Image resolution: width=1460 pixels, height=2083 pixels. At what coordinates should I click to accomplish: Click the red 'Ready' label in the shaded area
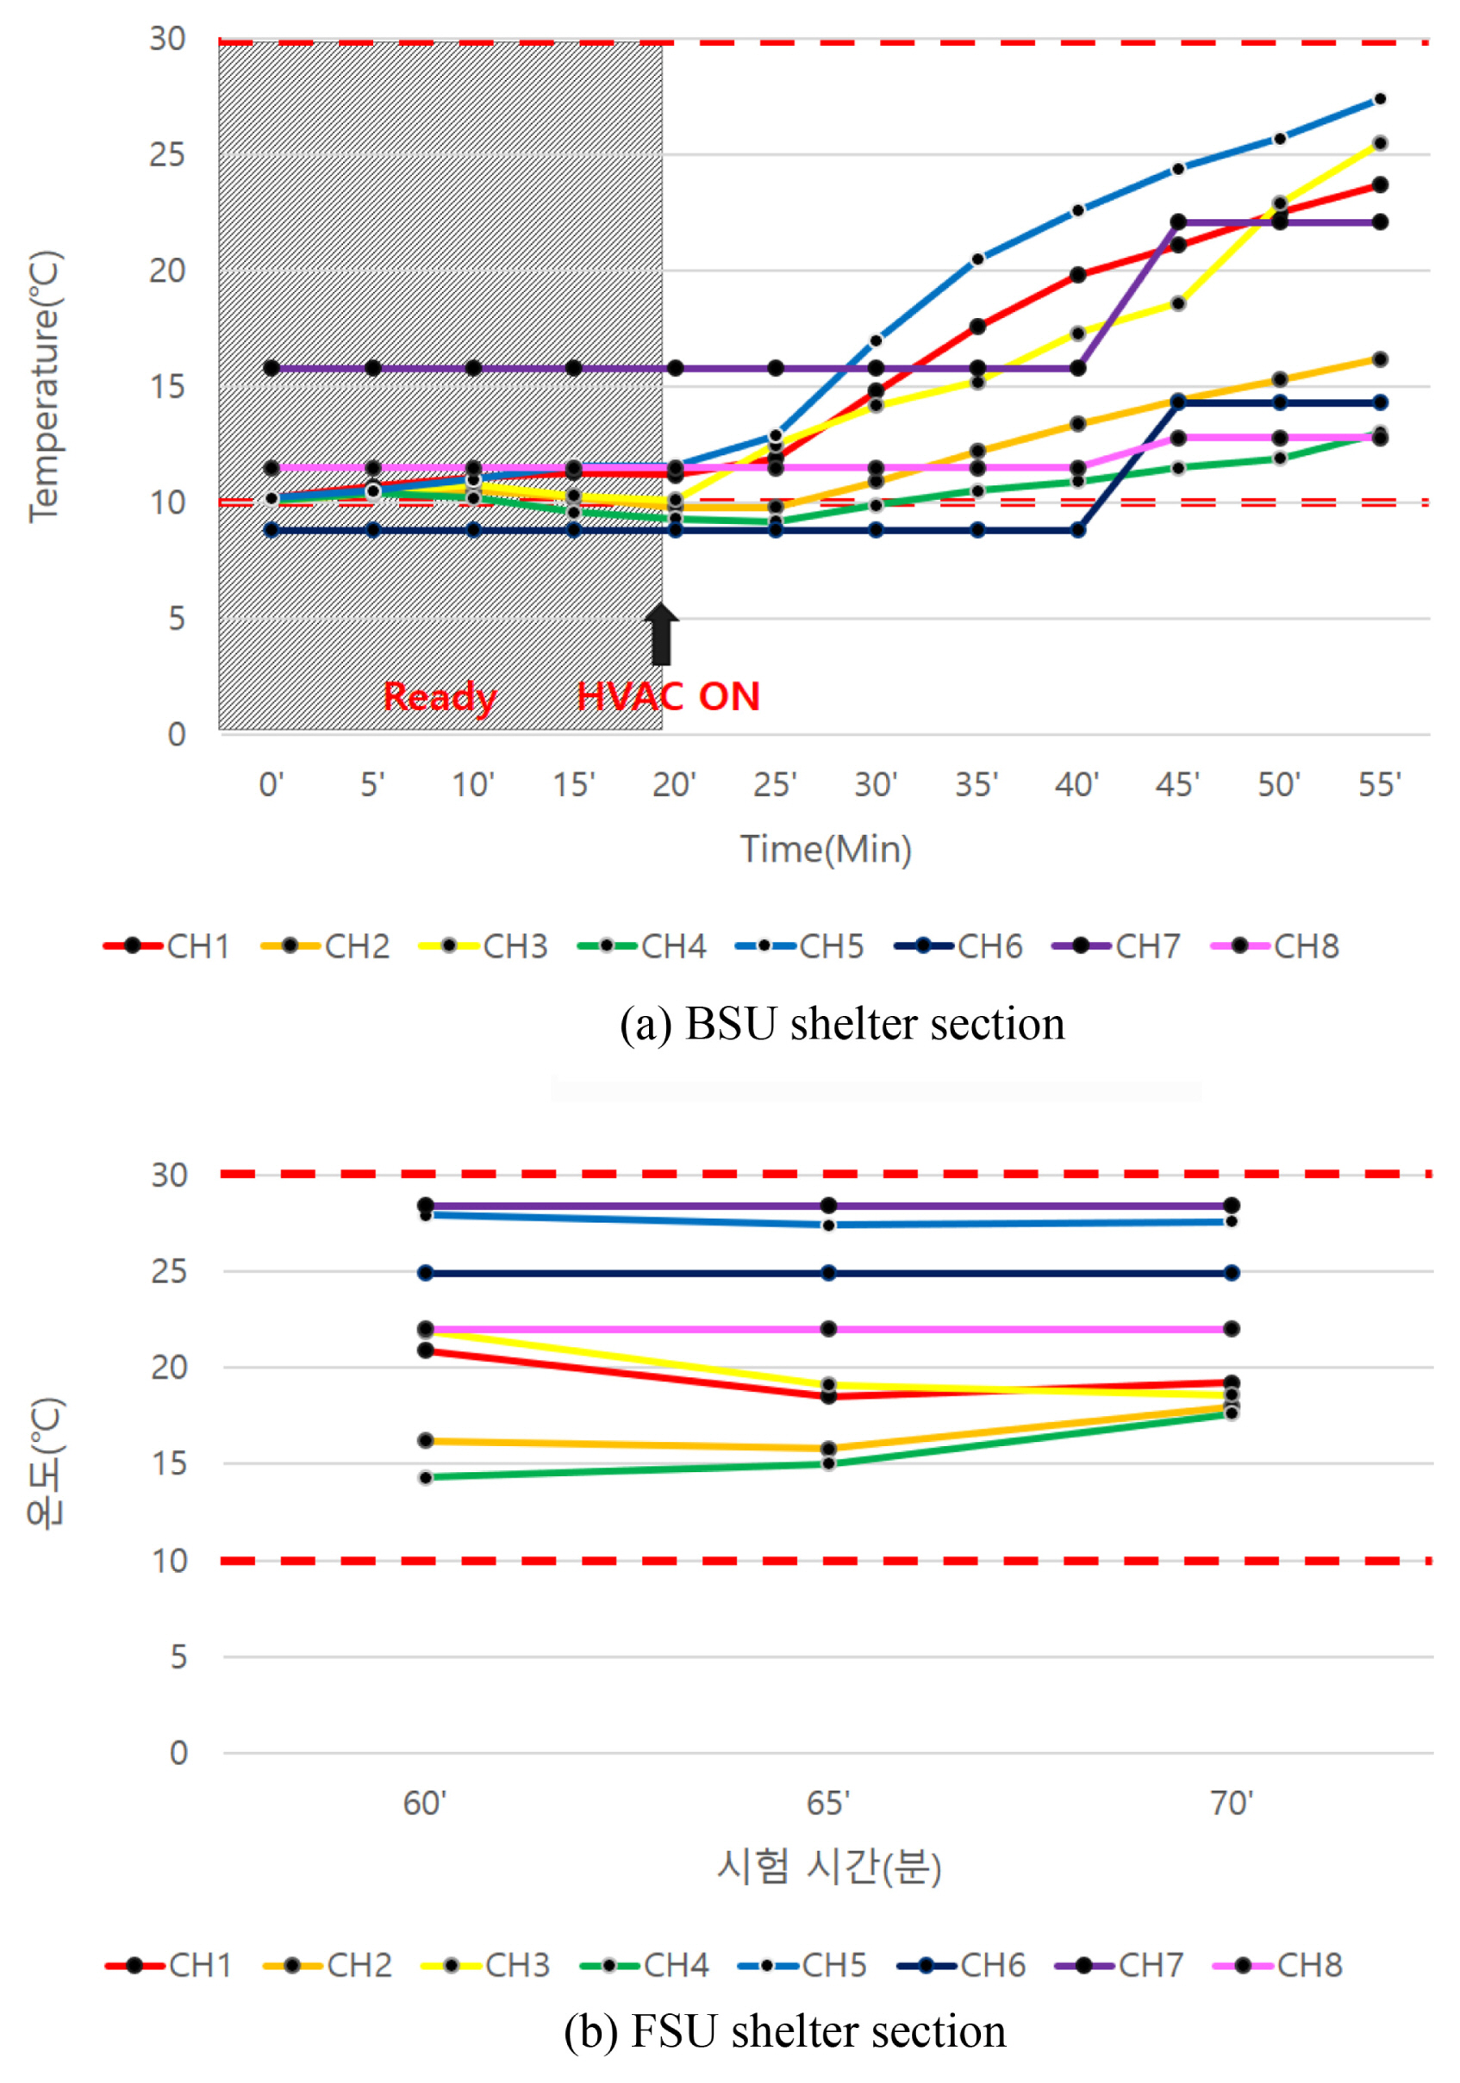point(440,696)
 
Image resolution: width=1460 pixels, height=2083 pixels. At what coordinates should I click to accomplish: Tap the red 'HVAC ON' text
point(668,696)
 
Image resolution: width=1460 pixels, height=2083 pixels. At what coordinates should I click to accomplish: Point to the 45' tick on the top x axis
point(1177,784)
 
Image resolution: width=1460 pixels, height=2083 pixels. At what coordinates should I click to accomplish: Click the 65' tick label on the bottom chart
point(827,1804)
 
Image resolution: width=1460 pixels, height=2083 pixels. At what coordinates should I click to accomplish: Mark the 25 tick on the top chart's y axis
point(168,155)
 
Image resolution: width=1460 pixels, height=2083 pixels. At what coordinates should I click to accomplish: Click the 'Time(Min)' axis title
point(826,849)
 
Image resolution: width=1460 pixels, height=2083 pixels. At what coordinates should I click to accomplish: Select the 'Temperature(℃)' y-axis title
point(44,388)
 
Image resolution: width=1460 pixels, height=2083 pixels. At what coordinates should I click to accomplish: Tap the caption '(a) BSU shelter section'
point(842,1023)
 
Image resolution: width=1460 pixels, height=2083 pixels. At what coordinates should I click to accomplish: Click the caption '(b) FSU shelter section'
point(785,2030)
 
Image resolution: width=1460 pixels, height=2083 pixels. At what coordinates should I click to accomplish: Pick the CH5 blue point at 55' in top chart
point(1379,99)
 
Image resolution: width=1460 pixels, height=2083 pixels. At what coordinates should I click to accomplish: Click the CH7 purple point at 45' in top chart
point(1178,222)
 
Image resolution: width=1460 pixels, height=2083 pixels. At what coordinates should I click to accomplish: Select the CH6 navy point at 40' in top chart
point(1077,530)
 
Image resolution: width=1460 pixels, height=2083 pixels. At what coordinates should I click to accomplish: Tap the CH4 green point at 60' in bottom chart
point(426,1478)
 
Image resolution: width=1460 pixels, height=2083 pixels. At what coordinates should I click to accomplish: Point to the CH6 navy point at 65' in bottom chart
point(828,1273)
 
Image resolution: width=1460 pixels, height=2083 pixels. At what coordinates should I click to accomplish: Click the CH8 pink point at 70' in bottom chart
point(1232,1329)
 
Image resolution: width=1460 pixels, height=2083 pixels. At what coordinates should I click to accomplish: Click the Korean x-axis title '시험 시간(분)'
point(828,1867)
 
